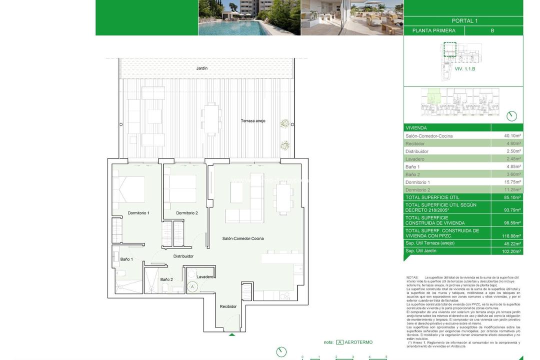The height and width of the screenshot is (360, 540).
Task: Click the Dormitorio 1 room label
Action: point(138,213)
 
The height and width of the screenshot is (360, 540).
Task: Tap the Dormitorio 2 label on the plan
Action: point(187,213)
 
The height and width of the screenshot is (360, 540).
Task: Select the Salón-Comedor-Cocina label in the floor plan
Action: point(243,238)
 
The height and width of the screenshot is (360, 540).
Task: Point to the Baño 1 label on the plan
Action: point(126,259)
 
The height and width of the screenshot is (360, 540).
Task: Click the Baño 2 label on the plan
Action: point(166,279)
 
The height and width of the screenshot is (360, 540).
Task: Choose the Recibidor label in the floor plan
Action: point(228,306)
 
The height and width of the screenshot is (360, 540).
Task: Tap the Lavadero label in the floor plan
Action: point(205,276)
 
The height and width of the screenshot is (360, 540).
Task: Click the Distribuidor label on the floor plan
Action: point(183,256)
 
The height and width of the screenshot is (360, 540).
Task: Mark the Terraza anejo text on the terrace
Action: point(253,121)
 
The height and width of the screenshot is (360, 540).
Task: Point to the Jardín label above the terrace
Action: point(201,68)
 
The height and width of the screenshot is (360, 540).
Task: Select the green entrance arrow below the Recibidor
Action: point(231,334)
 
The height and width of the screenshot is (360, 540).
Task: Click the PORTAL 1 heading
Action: point(464,21)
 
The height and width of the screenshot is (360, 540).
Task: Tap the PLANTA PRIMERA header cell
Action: point(433,30)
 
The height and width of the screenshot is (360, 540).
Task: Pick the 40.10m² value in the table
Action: point(512,136)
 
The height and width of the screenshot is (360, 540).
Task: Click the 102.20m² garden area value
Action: point(512,251)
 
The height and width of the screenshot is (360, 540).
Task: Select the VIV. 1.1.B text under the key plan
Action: point(464,69)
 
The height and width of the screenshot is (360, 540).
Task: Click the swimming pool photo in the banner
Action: point(249,17)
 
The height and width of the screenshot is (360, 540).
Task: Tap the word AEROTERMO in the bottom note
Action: point(359,342)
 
